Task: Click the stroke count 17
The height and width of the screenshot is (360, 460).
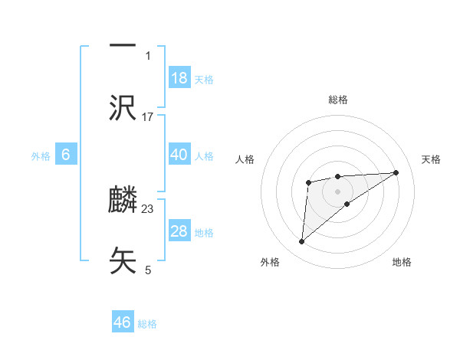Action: point(148,116)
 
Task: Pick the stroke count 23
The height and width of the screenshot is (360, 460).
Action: point(148,208)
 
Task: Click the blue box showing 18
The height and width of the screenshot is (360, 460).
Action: point(179,78)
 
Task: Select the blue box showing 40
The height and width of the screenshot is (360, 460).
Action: point(179,155)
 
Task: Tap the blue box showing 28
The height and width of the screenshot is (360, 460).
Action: point(179,231)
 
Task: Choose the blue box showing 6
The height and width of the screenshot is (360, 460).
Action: point(66,155)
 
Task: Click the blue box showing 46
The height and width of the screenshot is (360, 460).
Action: point(123,322)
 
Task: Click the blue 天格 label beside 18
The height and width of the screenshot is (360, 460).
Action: point(204,79)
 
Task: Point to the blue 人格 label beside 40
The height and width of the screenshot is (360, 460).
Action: point(204,155)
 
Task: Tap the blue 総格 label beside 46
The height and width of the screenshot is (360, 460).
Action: point(147,323)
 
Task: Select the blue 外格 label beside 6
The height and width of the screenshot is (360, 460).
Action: point(41,155)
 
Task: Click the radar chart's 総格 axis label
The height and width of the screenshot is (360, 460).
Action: point(337,100)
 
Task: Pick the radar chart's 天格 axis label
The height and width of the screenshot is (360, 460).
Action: point(432,159)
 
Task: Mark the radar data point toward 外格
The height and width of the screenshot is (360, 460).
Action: point(302,242)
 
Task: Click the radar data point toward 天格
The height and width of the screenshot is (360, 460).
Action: point(396,172)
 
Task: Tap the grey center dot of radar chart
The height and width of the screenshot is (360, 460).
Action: point(337,191)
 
